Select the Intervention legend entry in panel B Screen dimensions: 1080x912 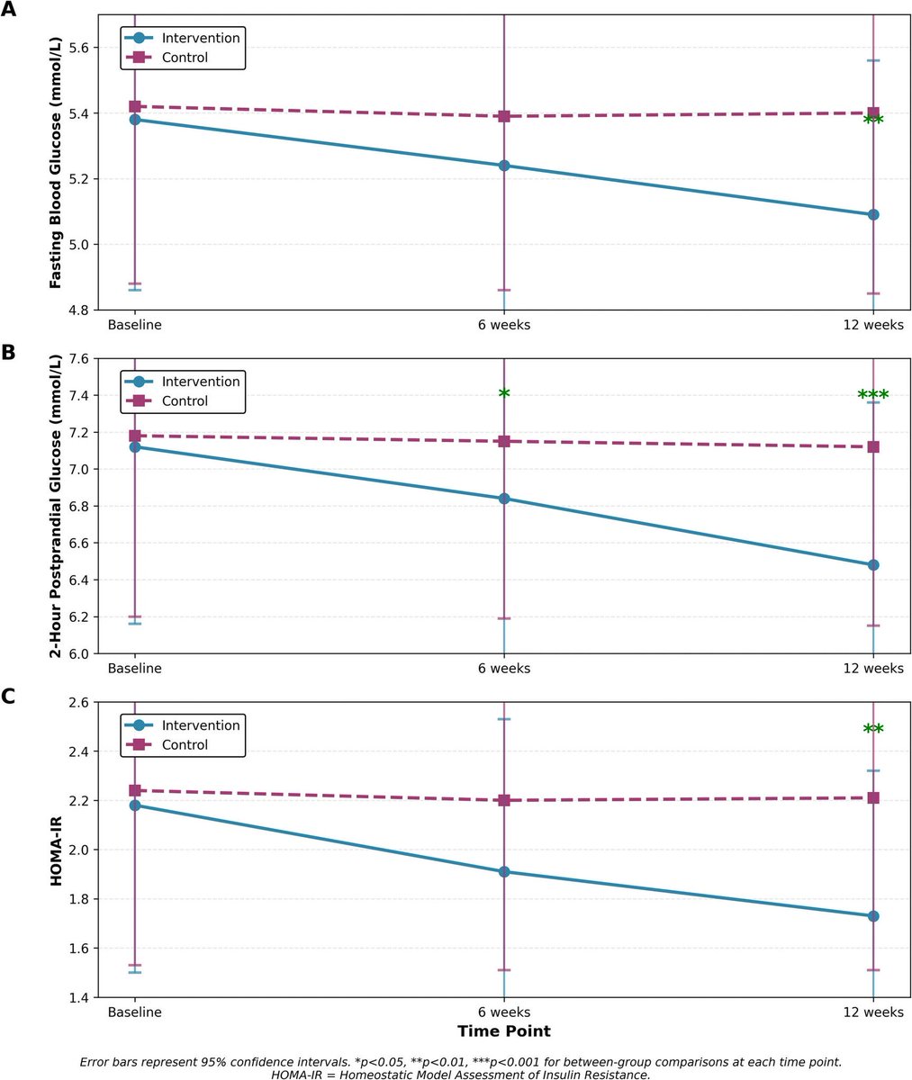point(201,381)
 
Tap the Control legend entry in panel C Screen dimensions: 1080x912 point(185,744)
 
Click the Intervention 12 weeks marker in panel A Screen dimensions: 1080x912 point(873,214)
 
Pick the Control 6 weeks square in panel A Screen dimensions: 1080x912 point(504,116)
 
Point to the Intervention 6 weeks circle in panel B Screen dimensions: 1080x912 point(504,499)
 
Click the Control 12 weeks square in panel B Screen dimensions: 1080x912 point(873,446)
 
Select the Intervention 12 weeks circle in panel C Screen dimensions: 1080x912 point(873,916)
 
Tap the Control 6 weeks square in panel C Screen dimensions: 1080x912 point(504,800)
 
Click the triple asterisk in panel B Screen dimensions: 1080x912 point(873,395)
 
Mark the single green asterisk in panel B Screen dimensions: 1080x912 point(504,394)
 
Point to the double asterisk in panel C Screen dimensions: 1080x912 point(873,730)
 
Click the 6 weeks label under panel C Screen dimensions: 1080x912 point(504,1012)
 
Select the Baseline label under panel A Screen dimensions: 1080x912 point(135,324)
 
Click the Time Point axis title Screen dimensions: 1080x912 point(504,1030)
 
